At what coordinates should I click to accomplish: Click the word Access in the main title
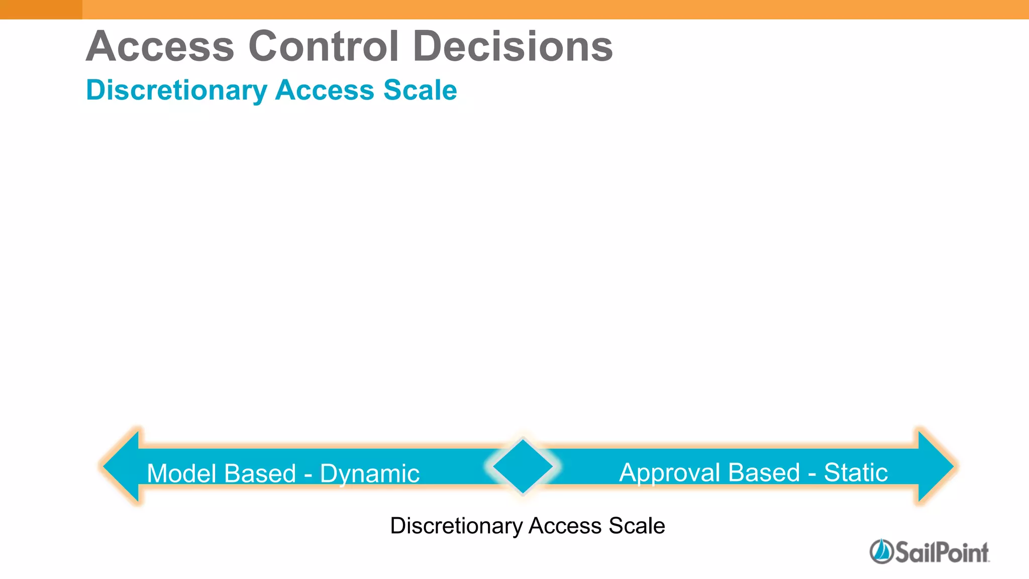tap(160, 46)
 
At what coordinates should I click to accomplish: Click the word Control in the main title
tap(324, 46)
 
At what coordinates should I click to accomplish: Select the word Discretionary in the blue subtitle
tap(176, 90)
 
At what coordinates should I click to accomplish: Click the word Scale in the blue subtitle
tap(420, 90)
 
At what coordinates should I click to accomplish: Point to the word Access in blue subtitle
tap(325, 90)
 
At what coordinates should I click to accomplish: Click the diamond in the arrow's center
tap(523, 466)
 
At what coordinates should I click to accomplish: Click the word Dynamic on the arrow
tap(369, 474)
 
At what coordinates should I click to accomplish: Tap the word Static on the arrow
tap(856, 472)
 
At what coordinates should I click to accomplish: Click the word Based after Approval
tap(763, 472)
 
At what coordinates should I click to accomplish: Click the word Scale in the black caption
tap(637, 526)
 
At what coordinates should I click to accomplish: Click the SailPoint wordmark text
tap(942, 552)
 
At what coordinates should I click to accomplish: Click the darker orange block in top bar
tap(41, 9)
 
